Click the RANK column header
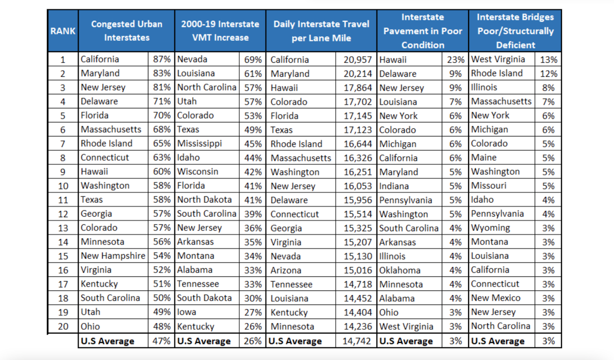(x=63, y=31)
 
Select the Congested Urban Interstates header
(x=127, y=31)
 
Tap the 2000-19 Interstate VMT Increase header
(x=220, y=31)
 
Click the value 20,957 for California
(x=357, y=60)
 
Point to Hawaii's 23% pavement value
(x=455, y=60)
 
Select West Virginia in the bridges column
(x=498, y=59)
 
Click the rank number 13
(x=63, y=228)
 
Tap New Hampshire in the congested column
(x=113, y=256)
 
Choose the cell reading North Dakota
(x=204, y=200)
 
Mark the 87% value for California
(x=162, y=59)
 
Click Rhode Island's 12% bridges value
(x=548, y=74)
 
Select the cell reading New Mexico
(x=495, y=298)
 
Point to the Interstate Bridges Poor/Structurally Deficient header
(x=515, y=31)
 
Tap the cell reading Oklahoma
(x=400, y=270)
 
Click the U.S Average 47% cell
(x=161, y=341)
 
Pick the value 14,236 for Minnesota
(x=357, y=327)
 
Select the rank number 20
(x=63, y=327)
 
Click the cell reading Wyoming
(x=490, y=228)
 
